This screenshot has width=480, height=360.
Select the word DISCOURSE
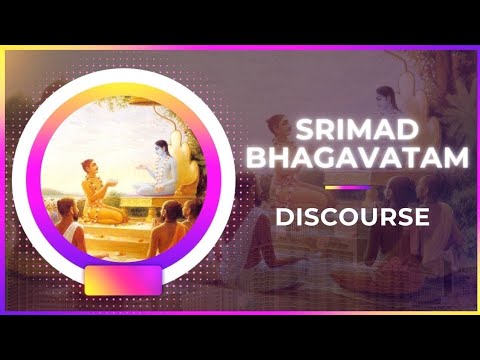click(352, 216)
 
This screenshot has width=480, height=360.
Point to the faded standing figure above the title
click(384, 100)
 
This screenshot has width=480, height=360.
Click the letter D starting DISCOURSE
click(282, 216)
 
